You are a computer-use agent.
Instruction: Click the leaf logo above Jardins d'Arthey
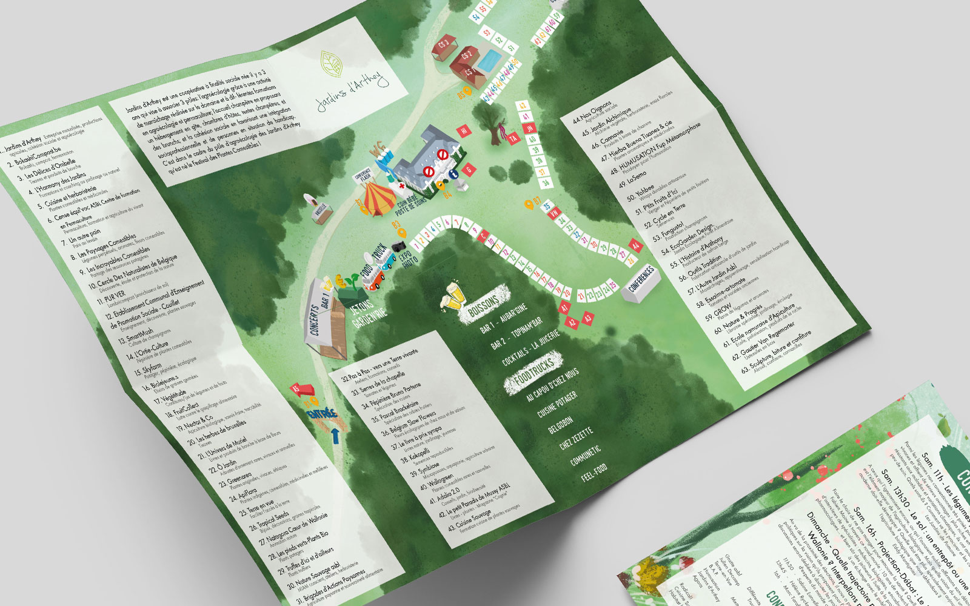(x=331, y=63)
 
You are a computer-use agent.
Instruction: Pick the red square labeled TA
(x=513, y=139)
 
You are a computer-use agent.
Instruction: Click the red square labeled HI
(x=464, y=130)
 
